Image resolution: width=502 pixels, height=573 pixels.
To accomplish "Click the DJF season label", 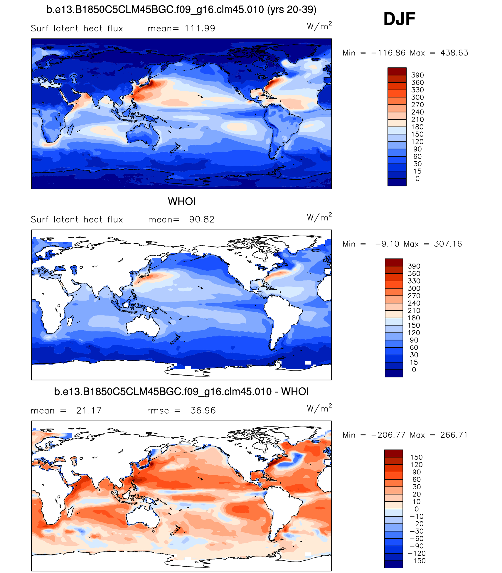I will click(x=399, y=19).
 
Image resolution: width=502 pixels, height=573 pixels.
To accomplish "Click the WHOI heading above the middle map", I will click(x=182, y=201).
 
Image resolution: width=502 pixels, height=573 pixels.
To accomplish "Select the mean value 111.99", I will click(x=200, y=28).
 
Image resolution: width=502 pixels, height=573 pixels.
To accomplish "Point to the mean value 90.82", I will click(x=202, y=220).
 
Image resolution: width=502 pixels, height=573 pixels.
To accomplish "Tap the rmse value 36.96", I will click(x=203, y=410).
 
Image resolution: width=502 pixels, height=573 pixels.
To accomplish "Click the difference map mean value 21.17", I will click(x=89, y=410).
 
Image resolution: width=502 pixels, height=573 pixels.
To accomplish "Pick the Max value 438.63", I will click(x=454, y=53).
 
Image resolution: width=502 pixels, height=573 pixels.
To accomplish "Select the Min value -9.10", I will click(x=387, y=244).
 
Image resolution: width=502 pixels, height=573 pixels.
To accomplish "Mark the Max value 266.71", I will click(x=454, y=435).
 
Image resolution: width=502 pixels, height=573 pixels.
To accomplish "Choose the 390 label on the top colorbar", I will click(x=417, y=75).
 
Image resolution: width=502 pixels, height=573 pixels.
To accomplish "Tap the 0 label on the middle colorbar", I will click(x=414, y=370).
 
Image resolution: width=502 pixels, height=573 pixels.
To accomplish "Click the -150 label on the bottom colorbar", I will click(x=417, y=561).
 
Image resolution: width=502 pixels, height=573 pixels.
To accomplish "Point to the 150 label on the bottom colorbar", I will click(x=417, y=457).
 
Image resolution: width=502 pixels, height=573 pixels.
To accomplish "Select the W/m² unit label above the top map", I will click(x=319, y=26).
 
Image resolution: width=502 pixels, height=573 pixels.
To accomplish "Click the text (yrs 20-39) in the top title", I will click(x=292, y=10).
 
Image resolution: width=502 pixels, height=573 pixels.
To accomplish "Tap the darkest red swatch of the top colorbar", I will click(x=397, y=71).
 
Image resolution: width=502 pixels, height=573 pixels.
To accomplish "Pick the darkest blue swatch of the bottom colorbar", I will click(x=393, y=564).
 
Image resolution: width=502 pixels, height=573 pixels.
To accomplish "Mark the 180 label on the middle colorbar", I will click(x=414, y=318).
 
